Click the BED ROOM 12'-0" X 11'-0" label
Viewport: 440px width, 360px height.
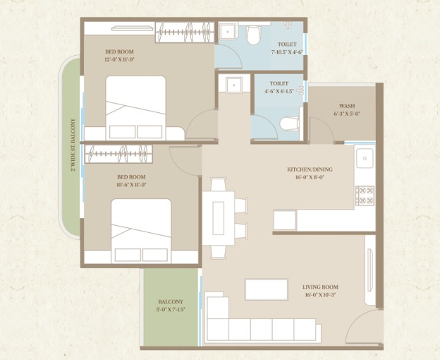point(119,56)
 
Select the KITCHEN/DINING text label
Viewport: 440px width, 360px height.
point(310,174)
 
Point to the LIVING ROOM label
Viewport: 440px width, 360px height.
point(320,291)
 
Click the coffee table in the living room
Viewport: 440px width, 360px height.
point(266,289)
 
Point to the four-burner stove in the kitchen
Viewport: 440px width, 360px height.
point(365,195)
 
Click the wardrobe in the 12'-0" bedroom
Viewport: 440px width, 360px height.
point(183,32)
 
